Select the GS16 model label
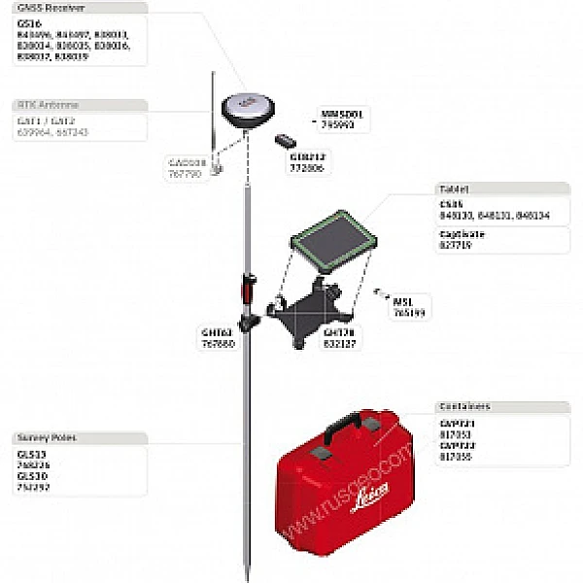point(28,22)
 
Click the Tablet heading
point(454,189)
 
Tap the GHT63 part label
point(216,331)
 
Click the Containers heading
point(465,406)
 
